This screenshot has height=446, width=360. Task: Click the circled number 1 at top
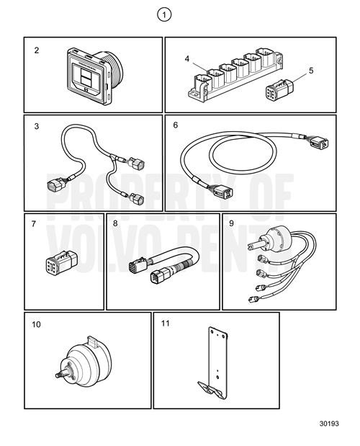tap(167, 14)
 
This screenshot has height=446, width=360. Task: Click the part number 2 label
tap(36, 50)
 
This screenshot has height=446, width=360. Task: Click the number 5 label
tap(311, 71)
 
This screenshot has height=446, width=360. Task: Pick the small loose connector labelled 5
tap(277, 95)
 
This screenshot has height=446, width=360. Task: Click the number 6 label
tap(176, 125)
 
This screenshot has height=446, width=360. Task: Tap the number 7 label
tap(33, 224)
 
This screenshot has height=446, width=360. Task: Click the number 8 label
tap(115, 224)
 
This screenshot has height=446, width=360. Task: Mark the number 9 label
tap(231, 224)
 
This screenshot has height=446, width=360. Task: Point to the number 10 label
tap(36, 325)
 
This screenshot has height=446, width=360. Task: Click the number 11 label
tap(166, 325)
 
